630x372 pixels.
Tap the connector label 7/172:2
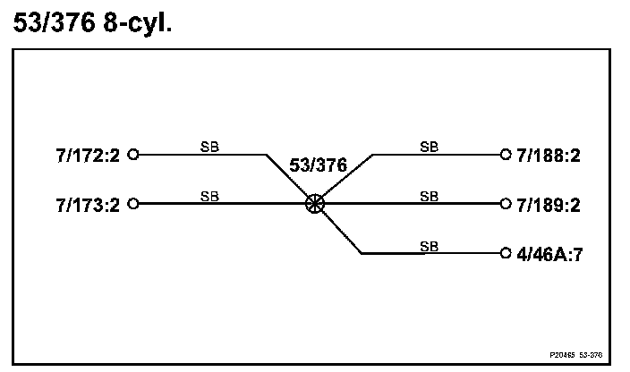87,155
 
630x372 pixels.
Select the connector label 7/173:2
87,204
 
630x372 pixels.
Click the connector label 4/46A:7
549,254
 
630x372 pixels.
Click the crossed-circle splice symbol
314,204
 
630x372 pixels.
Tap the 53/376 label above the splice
318,166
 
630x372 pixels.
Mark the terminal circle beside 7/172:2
133,155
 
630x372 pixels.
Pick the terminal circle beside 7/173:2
133,204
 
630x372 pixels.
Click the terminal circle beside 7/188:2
505,155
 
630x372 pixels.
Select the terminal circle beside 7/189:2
505,204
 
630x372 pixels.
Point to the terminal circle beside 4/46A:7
505,254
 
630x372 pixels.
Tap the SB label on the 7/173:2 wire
209,196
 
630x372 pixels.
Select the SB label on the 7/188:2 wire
430,146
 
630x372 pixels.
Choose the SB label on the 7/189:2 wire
430,196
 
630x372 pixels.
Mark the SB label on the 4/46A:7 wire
430,246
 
